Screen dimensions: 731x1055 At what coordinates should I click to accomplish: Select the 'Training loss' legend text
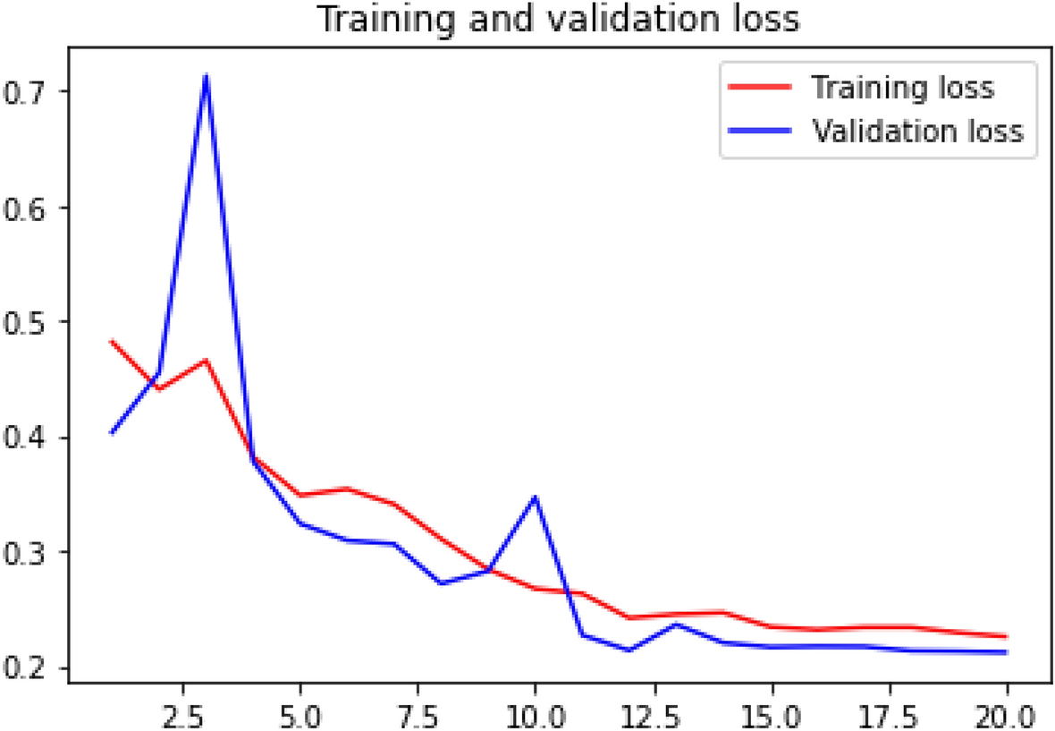pyautogui.click(x=902, y=88)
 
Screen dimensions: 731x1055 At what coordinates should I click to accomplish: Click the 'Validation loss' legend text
pyautogui.click(x=916, y=131)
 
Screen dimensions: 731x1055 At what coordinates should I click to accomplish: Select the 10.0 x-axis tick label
pyautogui.click(x=535, y=714)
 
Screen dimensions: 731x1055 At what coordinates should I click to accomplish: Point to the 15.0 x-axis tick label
pyautogui.click(x=771, y=714)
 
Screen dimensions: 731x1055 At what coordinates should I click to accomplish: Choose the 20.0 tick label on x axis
pyautogui.click(x=1007, y=714)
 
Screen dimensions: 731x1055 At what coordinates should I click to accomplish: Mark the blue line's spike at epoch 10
pyautogui.click(x=536, y=497)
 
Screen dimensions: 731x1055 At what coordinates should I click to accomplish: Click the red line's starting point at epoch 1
pyautogui.click(x=112, y=341)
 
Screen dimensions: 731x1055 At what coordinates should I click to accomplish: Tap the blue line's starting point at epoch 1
pyautogui.click(x=112, y=433)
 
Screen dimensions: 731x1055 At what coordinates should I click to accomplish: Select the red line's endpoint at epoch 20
pyautogui.click(x=1007, y=636)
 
